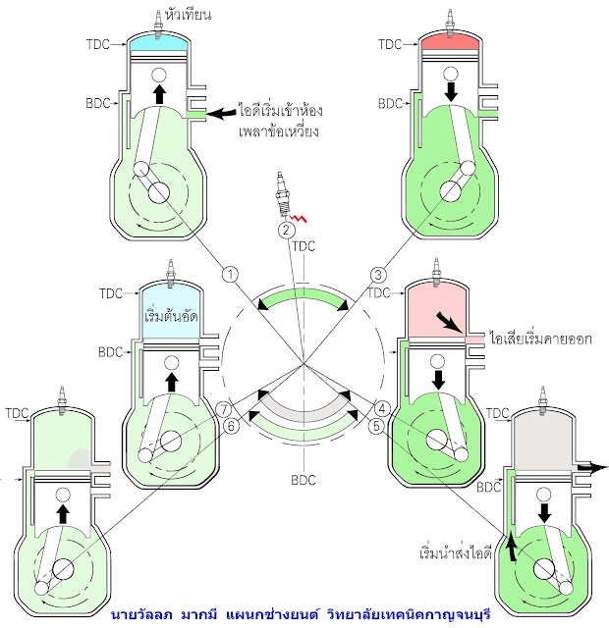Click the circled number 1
click(x=229, y=274)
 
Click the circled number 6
click(x=229, y=426)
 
